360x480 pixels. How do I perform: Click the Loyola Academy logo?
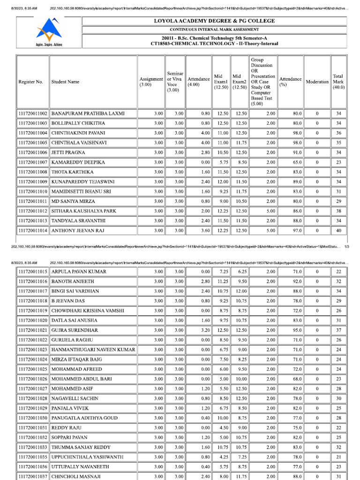pyautogui.click(x=49, y=31)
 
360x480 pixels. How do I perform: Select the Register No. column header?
pyautogui.click(x=31, y=82)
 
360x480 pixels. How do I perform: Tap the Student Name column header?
pyautogui.click(x=65, y=82)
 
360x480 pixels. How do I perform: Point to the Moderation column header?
pyautogui.click(x=317, y=82)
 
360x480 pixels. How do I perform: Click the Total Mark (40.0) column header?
pyautogui.click(x=338, y=82)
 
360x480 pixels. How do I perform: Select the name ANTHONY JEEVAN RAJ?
pyautogui.click(x=78, y=231)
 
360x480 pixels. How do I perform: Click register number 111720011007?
pyautogui.click(x=33, y=162)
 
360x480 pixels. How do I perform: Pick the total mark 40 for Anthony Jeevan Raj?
pyautogui.click(x=338, y=231)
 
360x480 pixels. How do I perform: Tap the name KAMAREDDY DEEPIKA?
pyautogui.click(x=78, y=162)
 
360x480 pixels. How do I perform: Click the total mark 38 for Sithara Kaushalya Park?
pyautogui.click(x=338, y=211)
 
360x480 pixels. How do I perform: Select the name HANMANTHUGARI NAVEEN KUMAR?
pyautogui.click(x=93, y=350)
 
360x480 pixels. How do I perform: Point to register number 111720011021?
pyautogui.click(x=33, y=330)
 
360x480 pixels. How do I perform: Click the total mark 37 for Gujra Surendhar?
pyautogui.click(x=338, y=330)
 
